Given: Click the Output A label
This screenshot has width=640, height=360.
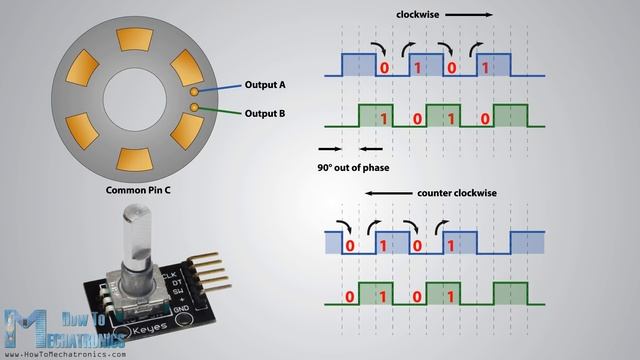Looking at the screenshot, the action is click(x=265, y=85).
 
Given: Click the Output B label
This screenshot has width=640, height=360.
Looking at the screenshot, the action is click(x=265, y=113).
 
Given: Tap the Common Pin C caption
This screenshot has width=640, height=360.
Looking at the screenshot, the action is click(x=138, y=190).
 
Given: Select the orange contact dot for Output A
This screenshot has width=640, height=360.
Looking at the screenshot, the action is click(x=194, y=92).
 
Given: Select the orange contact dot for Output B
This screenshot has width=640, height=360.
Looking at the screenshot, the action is click(x=194, y=107).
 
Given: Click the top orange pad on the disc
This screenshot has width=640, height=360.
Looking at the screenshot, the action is click(x=134, y=39).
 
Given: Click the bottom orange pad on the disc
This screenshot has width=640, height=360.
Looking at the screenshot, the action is click(x=134, y=159).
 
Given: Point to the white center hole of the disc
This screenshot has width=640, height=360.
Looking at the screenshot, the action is click(x=135, y=99).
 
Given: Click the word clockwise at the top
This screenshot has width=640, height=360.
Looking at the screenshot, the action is click(x=418, y=15).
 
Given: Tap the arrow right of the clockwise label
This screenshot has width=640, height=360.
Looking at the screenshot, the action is click(x=469, y=15).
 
